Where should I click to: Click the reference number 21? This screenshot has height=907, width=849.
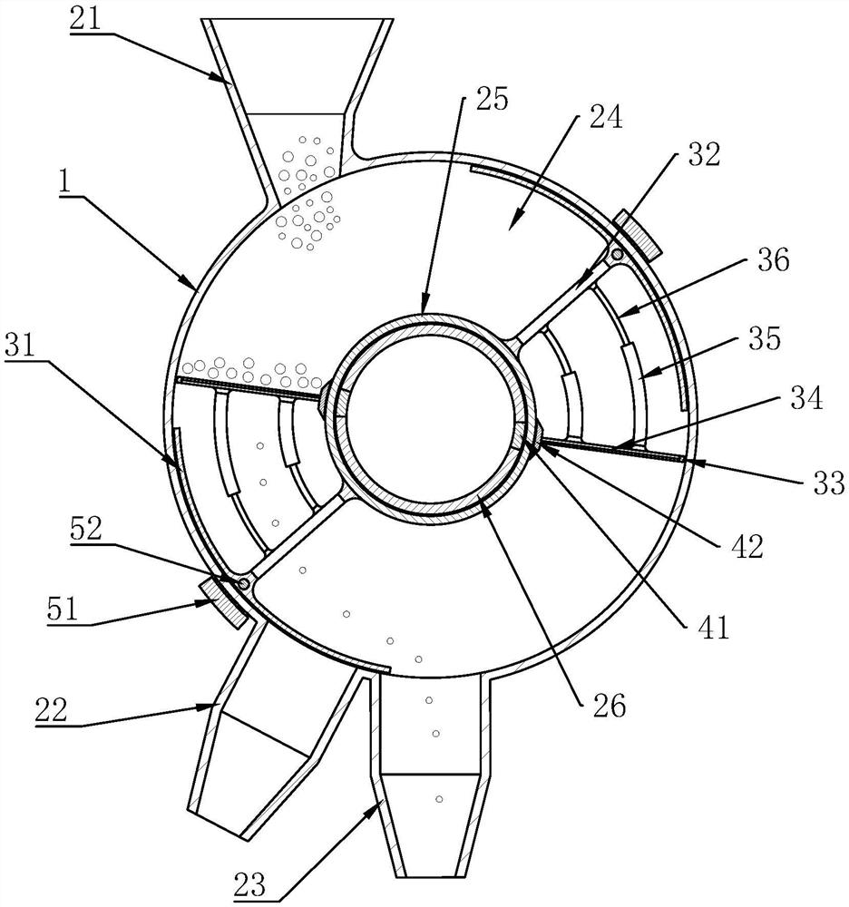click(x=85, y=19)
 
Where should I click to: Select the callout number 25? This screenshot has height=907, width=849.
click(x=492, y=99)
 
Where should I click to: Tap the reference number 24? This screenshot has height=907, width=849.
click(x=606, y=117)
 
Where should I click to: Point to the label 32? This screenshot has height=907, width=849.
click(x=704, y=155)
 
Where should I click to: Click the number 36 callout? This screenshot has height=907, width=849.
click(x=773, y=260)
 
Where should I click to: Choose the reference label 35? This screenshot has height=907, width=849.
click(x=766, y=338)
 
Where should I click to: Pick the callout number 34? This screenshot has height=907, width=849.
click(x=806, y=398)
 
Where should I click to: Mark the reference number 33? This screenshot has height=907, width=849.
click(x=829, y=483)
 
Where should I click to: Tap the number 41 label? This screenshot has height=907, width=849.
click(x=714, y=627)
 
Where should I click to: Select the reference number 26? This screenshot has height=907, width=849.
click(x=610, y=706)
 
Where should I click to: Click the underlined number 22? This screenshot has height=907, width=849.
click(x=51, y=710)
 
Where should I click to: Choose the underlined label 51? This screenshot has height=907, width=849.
click(x=63, y=610)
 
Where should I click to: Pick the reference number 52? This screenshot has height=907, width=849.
click(x=85, y=529)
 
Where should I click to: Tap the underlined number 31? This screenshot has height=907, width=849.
click(x=20, y=347)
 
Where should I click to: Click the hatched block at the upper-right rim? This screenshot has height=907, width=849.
click(x=637, y=236)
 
